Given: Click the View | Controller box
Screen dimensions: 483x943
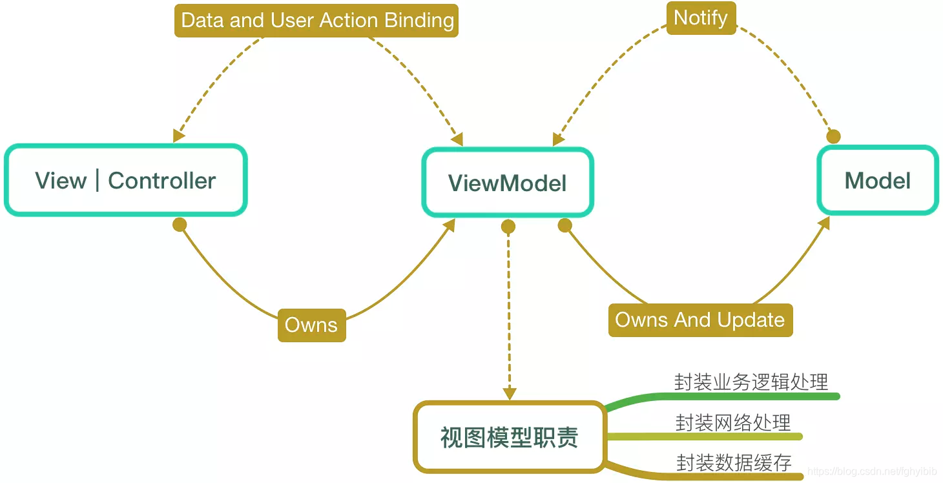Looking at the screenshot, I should [x=125, y=180].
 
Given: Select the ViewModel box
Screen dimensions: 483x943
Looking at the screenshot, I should [x=508, y=183].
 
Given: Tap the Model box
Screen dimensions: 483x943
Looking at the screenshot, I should [x=878, y=181].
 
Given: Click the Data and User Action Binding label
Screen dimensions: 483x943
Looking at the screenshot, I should [x=316, y=20].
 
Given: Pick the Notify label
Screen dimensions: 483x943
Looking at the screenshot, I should [x=701, y=17].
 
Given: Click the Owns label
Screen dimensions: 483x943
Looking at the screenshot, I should [x=311, y=325].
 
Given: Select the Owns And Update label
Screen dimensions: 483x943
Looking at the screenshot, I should [x=700, y=320].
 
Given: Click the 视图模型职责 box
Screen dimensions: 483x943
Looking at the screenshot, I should [x=509, y=438].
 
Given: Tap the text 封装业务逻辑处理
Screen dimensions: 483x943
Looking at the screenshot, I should [x=751, y=382].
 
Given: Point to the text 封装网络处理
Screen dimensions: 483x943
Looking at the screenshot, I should [x=733, y=422].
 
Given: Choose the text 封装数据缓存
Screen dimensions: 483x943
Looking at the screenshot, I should [x=734, y=462].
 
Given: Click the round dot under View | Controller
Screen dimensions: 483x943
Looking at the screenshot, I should [x=180, y=225].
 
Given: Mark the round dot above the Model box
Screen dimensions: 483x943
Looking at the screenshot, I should [x=834, y=136].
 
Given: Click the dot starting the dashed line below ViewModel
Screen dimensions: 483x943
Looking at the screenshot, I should [x=508, y=227].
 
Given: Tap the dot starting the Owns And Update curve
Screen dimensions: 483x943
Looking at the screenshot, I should [x=565, y=225].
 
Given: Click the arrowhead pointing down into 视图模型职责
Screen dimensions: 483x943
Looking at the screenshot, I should [x=510, y=393].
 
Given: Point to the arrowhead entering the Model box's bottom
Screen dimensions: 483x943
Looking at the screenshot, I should [x=824, y=223].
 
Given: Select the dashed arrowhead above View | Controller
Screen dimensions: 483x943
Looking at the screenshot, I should [x=179, y=136].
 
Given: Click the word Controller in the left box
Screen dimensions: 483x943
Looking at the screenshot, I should [x=161, y=180].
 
